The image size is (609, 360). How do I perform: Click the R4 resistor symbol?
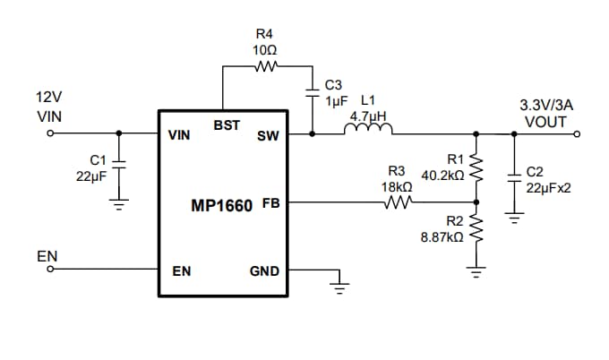[267, 65]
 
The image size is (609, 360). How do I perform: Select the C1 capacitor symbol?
[119, 167]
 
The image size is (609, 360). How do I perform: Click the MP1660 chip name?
[223, 205]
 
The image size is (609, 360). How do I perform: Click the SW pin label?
[267, 137]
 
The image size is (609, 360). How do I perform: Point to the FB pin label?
[270, 203]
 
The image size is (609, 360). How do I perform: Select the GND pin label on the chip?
[264, 271]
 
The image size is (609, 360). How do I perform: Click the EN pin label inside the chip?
[181, 271]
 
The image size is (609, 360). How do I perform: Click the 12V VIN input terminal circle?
[51, 134]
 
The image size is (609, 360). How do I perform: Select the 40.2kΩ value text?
[442, 176]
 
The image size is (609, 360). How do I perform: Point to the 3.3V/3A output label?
[545, 105]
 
